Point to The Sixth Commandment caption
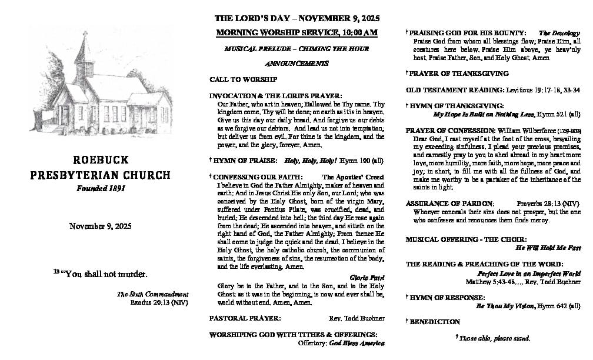pos(152,294)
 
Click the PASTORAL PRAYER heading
pos(245,318)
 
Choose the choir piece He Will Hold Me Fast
pos(548,248)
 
